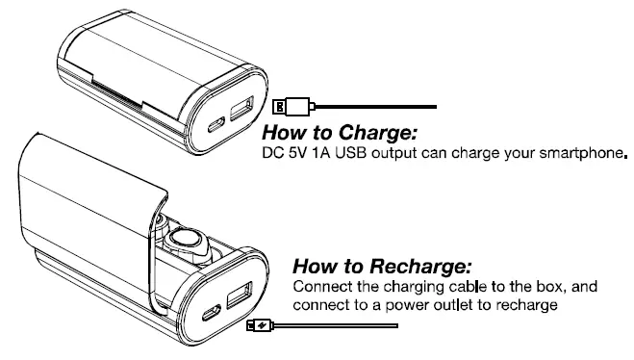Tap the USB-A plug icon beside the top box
pos(282,105)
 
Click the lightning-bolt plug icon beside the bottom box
pos(257,326)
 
